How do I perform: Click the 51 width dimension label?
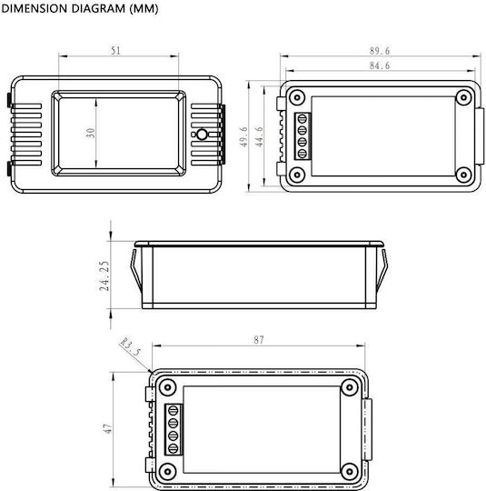coord(115,50)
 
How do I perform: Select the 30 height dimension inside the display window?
coord(91,133)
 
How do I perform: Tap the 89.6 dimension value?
coord(380,51)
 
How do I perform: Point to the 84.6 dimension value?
coord(380,65)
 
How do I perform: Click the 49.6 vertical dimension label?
coord(243,136)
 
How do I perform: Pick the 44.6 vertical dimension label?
coord(259,136)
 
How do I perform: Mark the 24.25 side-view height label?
coord(104,276)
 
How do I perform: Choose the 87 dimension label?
coord(259,340)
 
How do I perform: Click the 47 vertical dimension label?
coord(107,428)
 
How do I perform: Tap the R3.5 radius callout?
coord(130,346)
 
